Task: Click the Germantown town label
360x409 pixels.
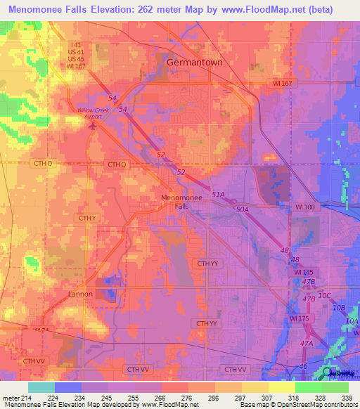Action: (x=194, y=63)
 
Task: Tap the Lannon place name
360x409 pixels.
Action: (x=80, y=294)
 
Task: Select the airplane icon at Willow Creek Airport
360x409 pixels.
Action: (x=94, y=126)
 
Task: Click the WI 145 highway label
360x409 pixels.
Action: (x=303, y=271)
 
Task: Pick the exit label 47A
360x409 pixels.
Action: (x=306, y=343)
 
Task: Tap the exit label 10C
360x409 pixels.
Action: (x=325, y=296)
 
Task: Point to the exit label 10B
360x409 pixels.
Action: (x=339, y=308)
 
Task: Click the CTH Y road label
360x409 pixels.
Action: (x=87, y=219)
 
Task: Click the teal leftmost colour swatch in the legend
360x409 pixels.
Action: (x=41, y=387)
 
